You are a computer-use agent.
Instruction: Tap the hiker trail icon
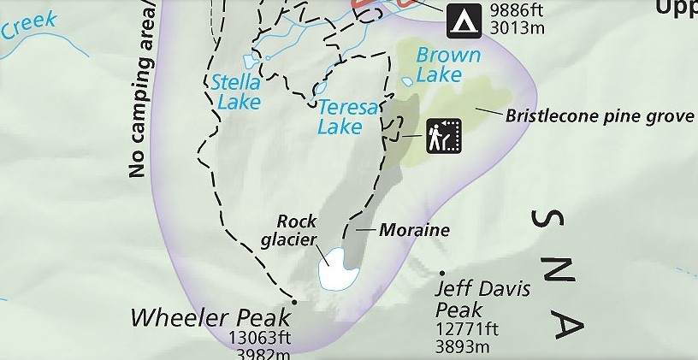444,135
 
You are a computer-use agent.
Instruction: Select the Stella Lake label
235,92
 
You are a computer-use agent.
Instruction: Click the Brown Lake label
447,65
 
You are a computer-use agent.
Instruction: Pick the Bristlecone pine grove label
599,115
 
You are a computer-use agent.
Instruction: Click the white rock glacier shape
339,269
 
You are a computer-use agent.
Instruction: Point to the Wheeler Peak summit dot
293,302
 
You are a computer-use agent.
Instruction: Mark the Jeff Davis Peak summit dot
443,274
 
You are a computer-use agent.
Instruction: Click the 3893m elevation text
462,346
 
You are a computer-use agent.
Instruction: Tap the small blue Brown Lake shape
408,81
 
